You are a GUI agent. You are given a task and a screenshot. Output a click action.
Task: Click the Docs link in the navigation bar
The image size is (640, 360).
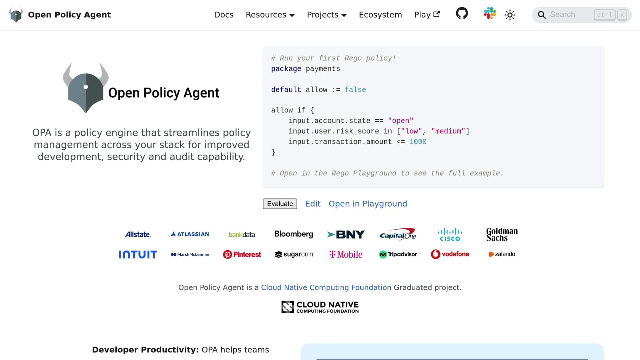[x=224, y=15]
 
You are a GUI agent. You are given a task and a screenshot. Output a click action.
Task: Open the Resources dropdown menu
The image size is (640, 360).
[x=270, y=15]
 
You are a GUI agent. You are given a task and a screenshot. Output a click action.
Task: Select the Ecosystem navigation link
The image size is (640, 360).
[x=380, y=15]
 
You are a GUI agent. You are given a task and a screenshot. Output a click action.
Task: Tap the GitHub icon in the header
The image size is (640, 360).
[x=462, y=13]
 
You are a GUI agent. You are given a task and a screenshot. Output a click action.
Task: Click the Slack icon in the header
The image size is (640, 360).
[x=490, y=13]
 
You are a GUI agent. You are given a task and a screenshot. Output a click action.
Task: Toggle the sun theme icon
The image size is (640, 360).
[x=510, y=15]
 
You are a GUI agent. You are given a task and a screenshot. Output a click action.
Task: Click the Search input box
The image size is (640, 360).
[x=569, y=15]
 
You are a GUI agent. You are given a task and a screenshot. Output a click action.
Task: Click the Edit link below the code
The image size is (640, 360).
[x=313, y=204]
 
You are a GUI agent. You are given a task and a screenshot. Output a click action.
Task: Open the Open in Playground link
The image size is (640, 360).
[x=368, y=204]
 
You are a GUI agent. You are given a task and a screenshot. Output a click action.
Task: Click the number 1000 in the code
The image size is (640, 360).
[x=418, y=142]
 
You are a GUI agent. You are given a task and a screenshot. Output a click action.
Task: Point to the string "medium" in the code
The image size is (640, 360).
[x=448, y=131]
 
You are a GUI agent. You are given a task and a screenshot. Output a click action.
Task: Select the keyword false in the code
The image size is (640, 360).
[x=355, y=90]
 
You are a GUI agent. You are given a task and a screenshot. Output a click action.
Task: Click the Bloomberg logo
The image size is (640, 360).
[x=294, y=234]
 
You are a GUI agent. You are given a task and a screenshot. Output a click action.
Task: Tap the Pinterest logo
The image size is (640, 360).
[x=242, y=254]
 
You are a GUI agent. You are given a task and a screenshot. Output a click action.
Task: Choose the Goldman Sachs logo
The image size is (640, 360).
[x=502, y=234]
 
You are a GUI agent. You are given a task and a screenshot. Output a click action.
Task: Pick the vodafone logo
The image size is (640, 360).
[x=450, y=254]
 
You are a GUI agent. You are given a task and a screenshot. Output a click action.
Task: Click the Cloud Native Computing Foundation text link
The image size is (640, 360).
[x=326, y=287]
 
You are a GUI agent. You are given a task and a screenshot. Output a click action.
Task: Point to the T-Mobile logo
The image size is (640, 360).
[x=346, y=254]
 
